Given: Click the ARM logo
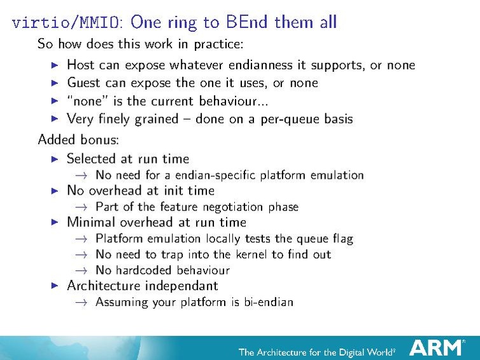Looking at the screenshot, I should pyautogui.click(x=436, y=347).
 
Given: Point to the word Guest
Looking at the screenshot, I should pyautogui.click(x=84, y=83).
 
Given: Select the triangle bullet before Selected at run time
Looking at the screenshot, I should pyautogui.click(x=55, y=159).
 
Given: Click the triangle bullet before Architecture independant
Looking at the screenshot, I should pyautogui.click(x=55, y=286).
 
